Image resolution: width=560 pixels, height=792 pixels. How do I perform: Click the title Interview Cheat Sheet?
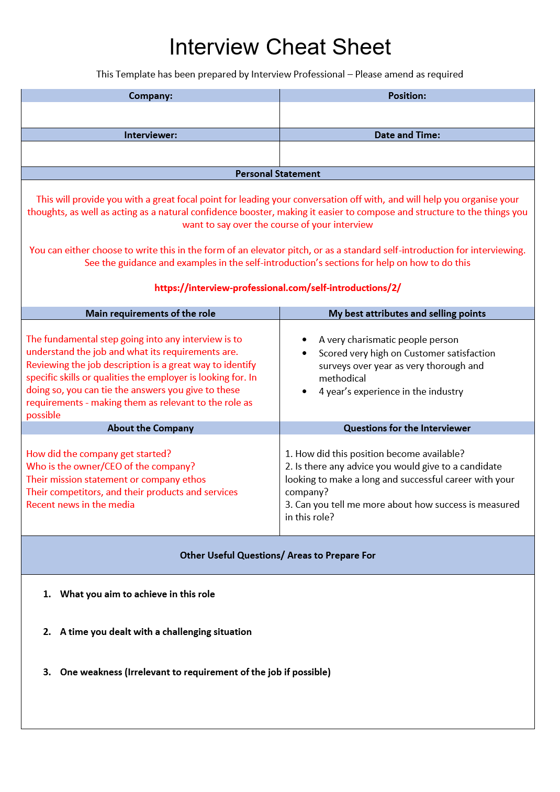click(280, 47)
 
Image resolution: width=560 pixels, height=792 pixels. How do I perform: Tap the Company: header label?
click(151, 96)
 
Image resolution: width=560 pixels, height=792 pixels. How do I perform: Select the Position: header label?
click(407, 96)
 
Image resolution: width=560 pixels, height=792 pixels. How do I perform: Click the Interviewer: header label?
click(151, 135)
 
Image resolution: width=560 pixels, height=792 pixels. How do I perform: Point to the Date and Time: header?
click(407, 135)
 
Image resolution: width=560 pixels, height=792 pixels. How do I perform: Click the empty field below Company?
click(151, 115)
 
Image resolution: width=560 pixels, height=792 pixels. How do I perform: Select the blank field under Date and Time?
click(407, 154)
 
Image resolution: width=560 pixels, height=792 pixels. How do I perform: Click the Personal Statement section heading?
click(277, 174)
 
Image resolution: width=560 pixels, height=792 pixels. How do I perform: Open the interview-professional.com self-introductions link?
click(277, 288)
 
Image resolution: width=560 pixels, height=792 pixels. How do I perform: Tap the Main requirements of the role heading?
click(151, 314)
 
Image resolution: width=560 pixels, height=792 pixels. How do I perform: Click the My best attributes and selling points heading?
click(407, 314)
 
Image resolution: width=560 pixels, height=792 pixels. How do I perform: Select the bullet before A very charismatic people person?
click(305, 340)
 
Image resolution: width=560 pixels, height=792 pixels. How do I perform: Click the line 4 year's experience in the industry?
click(391, 392)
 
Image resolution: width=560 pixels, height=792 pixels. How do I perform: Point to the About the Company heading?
click(151, 428)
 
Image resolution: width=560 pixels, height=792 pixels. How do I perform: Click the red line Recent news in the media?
click(81, 505)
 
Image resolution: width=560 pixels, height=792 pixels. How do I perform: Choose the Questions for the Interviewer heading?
click(407, 428)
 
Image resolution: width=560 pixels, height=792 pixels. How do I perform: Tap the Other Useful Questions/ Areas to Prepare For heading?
click(277, 555)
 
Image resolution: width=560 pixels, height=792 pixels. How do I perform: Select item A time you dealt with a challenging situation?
click(156, 632)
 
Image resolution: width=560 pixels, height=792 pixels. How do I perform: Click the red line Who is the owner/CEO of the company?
click(110, 466)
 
